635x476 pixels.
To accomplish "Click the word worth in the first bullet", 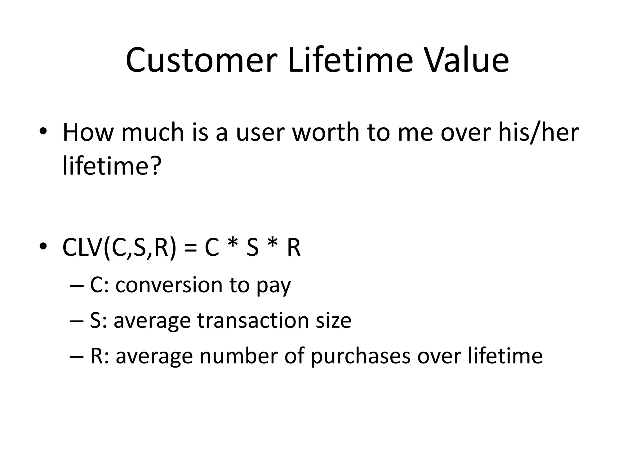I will click(325, 132).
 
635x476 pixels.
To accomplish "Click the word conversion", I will click(169, 285).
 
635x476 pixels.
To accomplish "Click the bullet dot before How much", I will click(43, 131).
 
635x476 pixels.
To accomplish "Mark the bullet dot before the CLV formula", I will click(43, 246).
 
